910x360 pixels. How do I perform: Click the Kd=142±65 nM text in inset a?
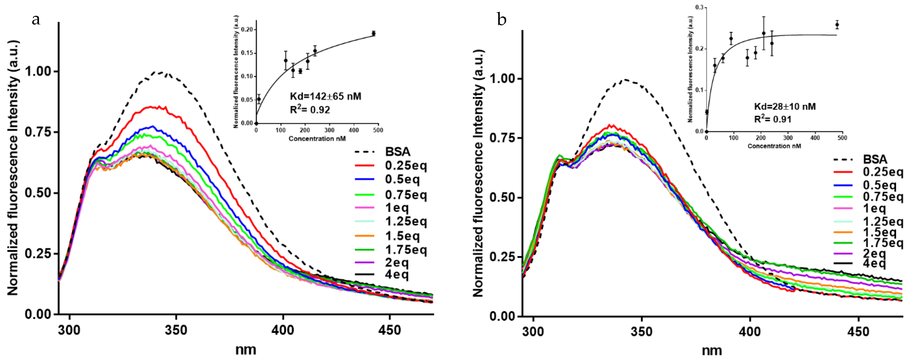tap(325, 96)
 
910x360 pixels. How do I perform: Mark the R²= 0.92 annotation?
tap(310, 110)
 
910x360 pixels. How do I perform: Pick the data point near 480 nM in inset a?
tap(373, 33)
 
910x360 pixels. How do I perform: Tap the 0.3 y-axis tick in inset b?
tap(699, 7)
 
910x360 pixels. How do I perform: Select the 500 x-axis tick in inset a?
tap(378, 130)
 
